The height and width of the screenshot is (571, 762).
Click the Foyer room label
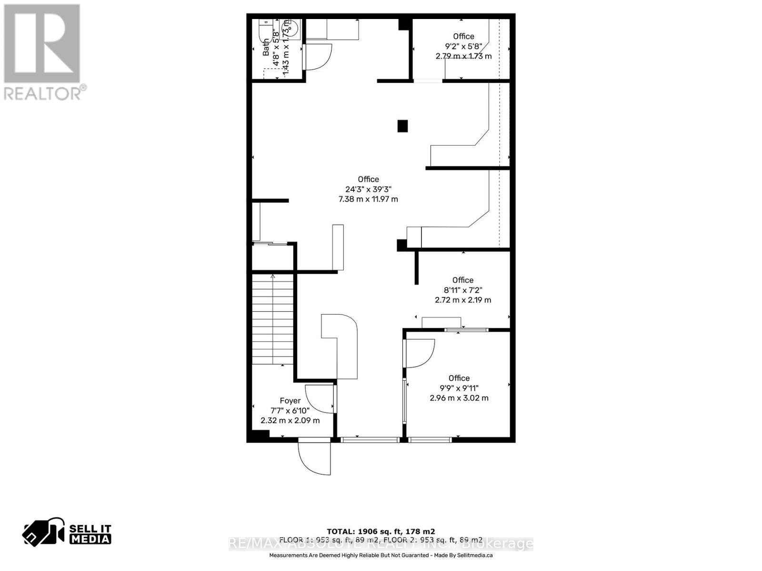[290, 401]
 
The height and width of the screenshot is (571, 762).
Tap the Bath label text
[266, 48]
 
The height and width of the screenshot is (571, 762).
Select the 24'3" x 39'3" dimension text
[368, 189]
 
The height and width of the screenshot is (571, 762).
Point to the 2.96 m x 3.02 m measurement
[459, 398]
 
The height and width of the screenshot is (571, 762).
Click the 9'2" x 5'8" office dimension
[463, 46]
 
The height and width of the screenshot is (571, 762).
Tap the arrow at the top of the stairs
[273, 276]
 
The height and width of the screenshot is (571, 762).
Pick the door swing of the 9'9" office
[419, 353]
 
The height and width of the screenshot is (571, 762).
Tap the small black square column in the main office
[403, 126]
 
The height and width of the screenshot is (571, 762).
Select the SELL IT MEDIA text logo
[90, 534]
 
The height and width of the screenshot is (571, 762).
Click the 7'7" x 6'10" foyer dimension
[290, 411]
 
